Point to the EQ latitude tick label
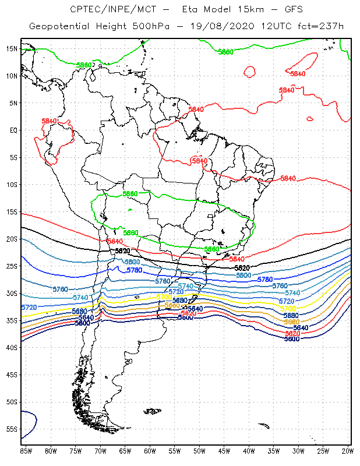tap(13, 130)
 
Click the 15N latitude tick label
tap(12, 48)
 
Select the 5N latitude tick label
tap(13, 103)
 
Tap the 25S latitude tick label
tap(12, 266)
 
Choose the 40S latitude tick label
tap(12, 348)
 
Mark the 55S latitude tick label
tap(12, 429)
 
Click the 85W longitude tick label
tap(26, 451)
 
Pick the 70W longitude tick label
tap(100, 451)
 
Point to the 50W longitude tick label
tap(199, 451)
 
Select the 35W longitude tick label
tap(273, 451)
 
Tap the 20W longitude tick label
tap(348, 451)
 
